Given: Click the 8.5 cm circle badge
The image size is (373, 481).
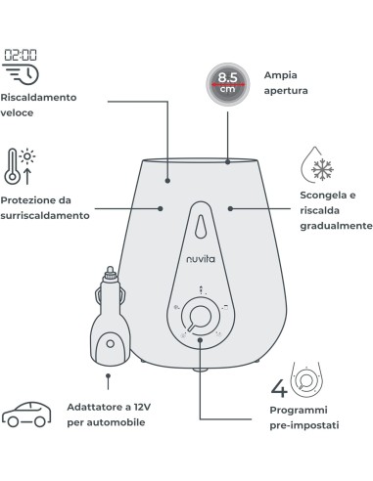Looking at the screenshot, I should (x=227, y=81).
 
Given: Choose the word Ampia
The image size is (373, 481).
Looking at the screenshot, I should (x=280, y=74).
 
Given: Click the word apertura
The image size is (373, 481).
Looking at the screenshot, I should (x=286, y=90).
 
